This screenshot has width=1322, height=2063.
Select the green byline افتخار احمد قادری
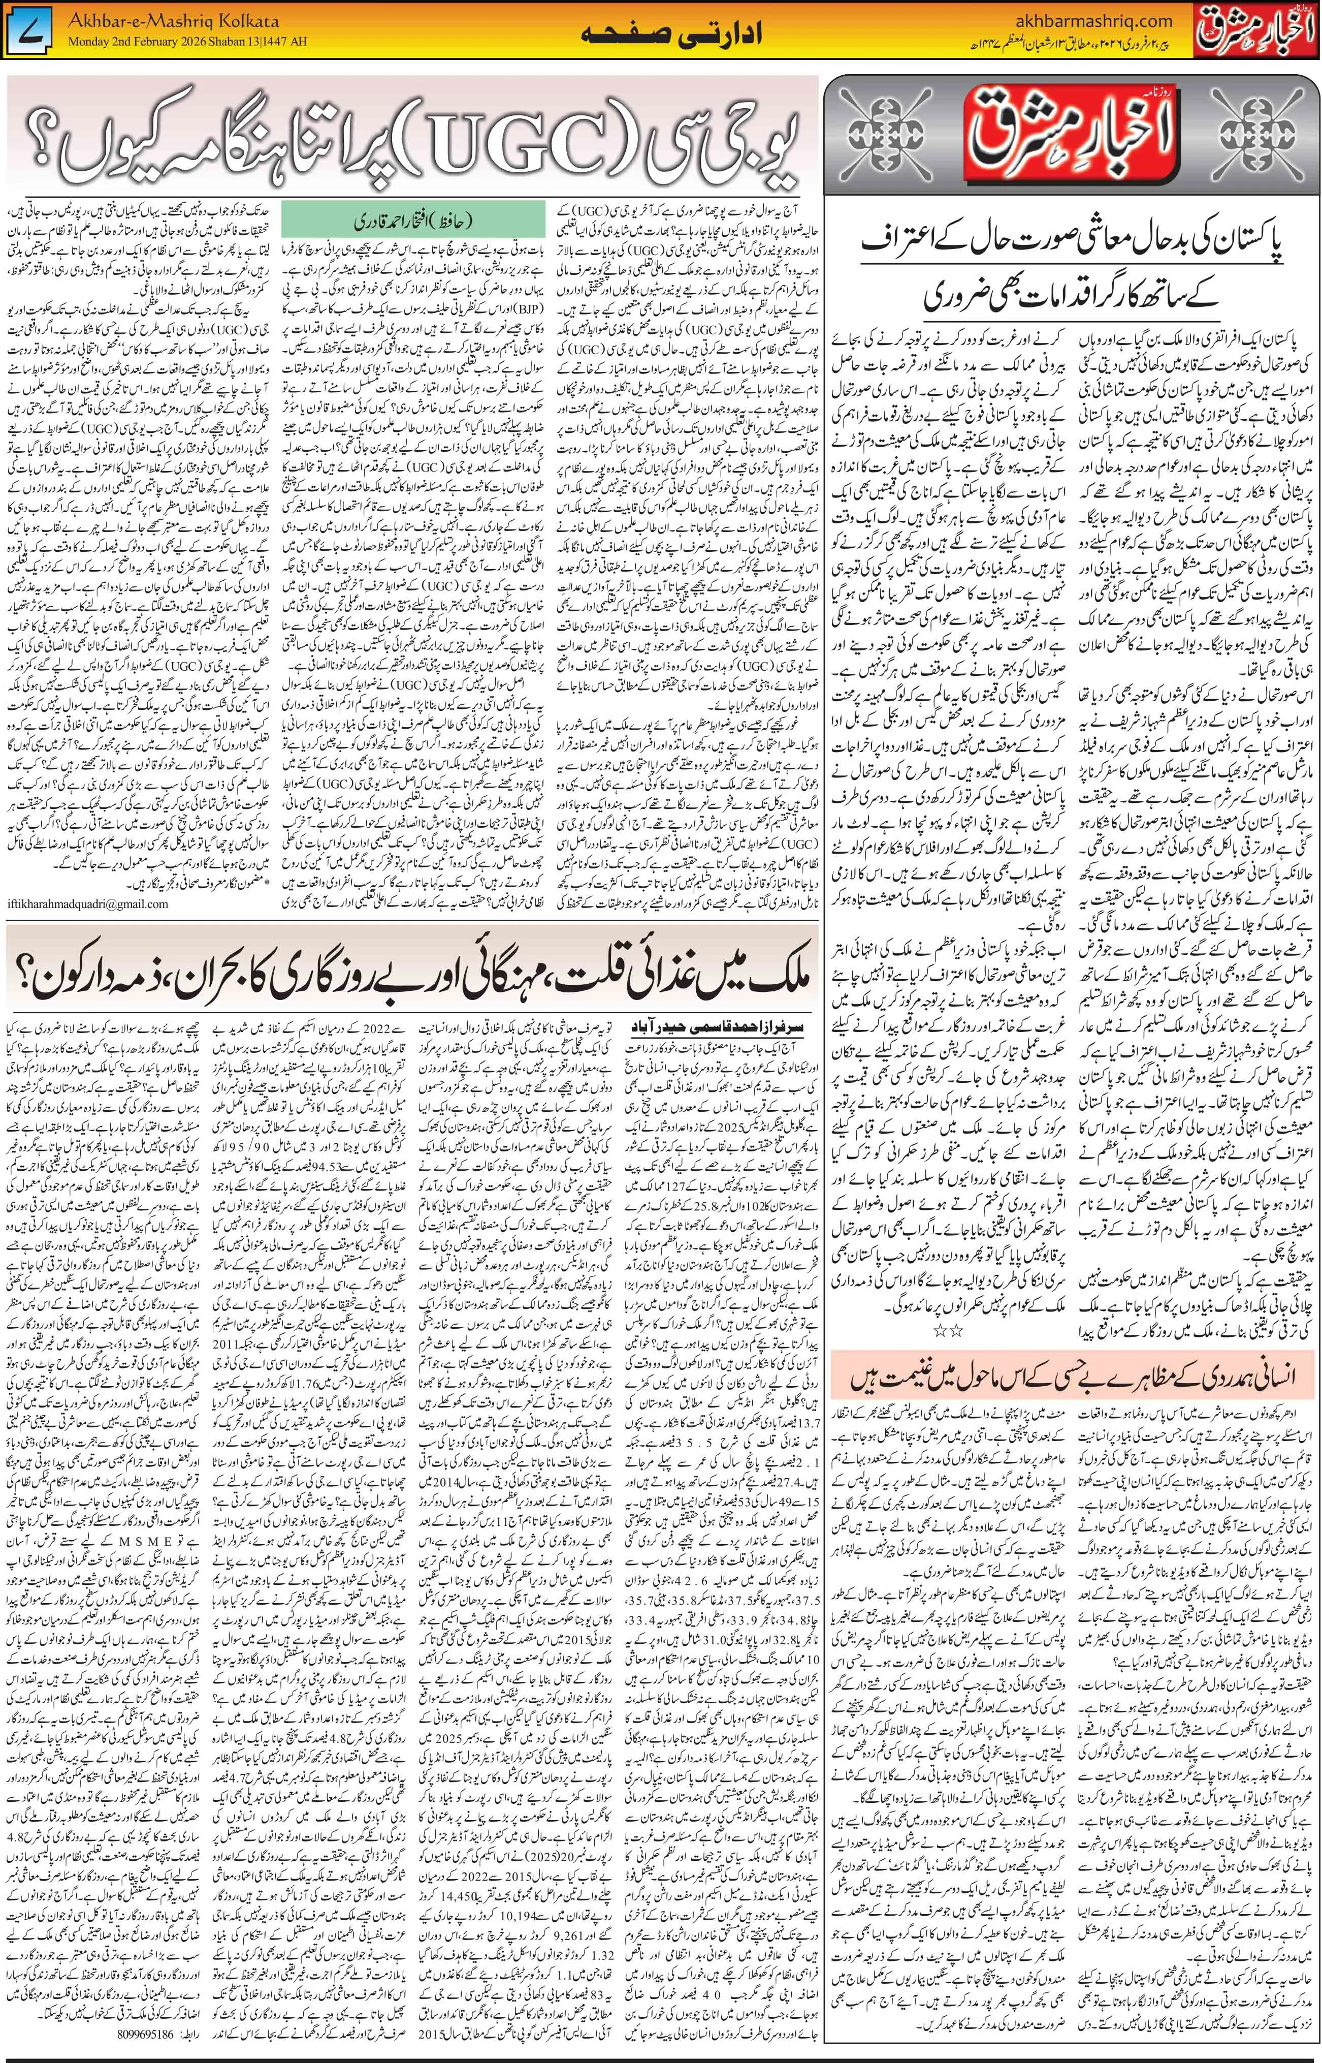tap(414, 222)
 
